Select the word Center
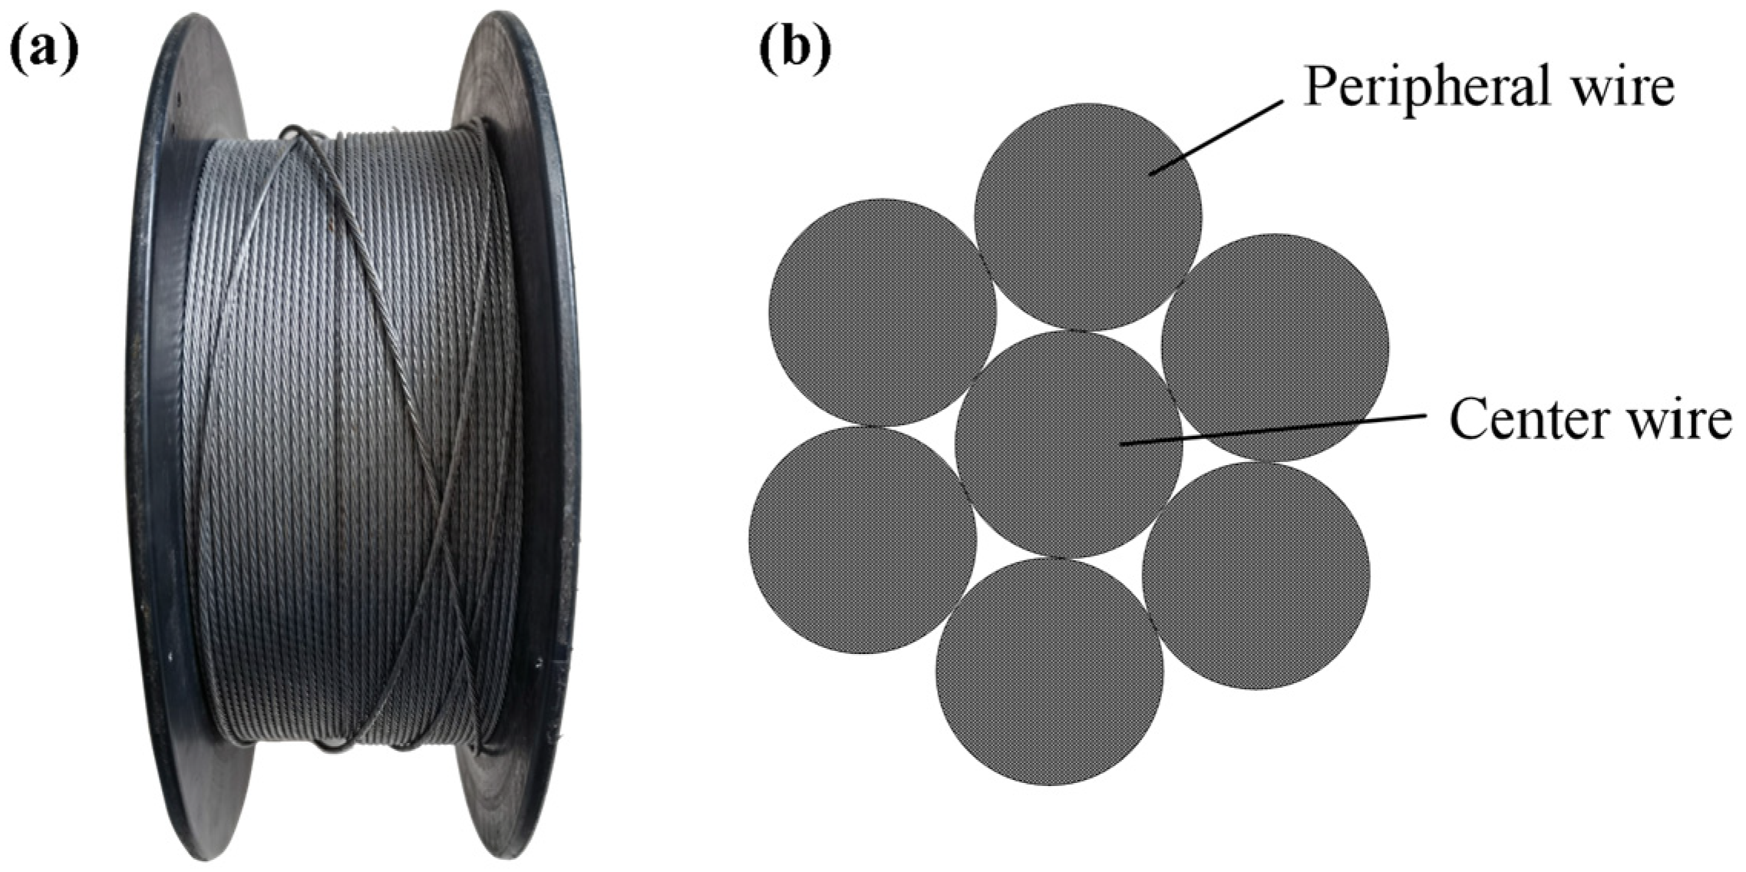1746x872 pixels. pos(1523,420)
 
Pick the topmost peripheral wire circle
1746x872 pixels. pos(1088,216)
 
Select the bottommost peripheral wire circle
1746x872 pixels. pos(1049,671)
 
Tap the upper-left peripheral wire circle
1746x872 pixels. pos(882,312)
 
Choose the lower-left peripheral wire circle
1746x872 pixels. pos(862,540)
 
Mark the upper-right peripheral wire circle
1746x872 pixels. pos(1274,347)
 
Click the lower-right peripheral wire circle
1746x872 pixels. pos(1255,575)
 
